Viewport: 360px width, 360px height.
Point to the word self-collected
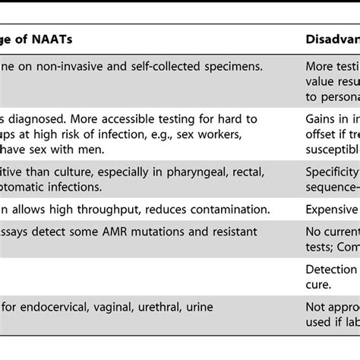pyautogui.click(x=161, y=66)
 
